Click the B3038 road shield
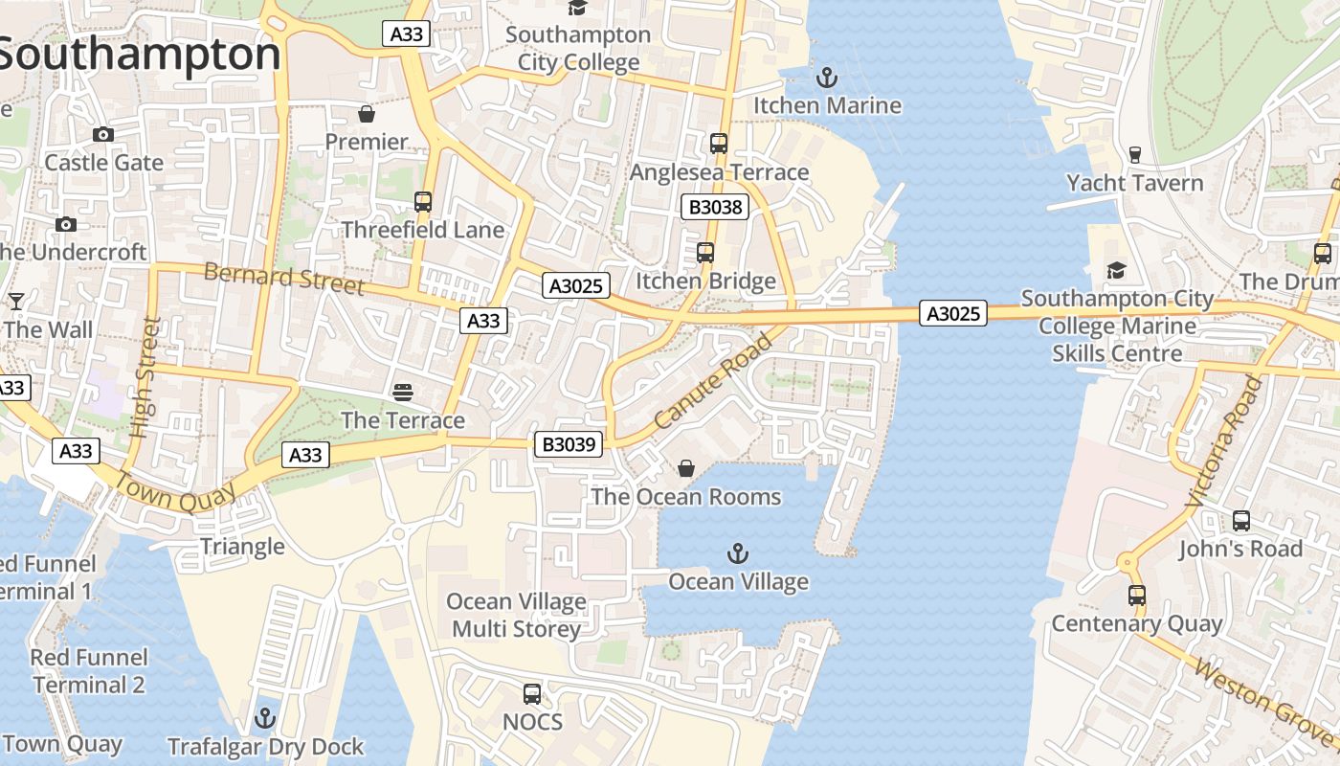tap(714, 206)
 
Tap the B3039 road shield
tap(568, 443)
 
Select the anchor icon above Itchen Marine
tap(826, 78)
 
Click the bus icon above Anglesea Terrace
tap(719, 144)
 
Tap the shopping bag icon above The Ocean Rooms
tap(686, 468)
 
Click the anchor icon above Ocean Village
tap(738, 552)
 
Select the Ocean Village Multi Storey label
tap(517, 615)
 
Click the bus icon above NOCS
tap(532, 693)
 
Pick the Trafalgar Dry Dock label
tap(265, 746)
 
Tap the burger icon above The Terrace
tap(403, 392)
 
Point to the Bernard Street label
tap(284, 279)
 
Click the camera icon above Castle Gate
tap(103, 135)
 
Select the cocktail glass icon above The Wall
tap(16, 302)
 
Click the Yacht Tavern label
tap(1134, 182)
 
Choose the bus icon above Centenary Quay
tap(1137, 596)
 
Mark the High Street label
tap(141, 378)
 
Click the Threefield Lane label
tap(422, 230)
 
